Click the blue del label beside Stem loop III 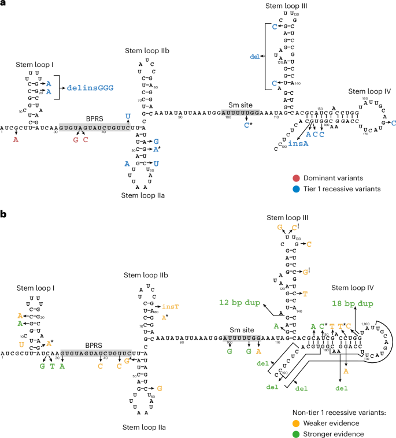tap(253, 56)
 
